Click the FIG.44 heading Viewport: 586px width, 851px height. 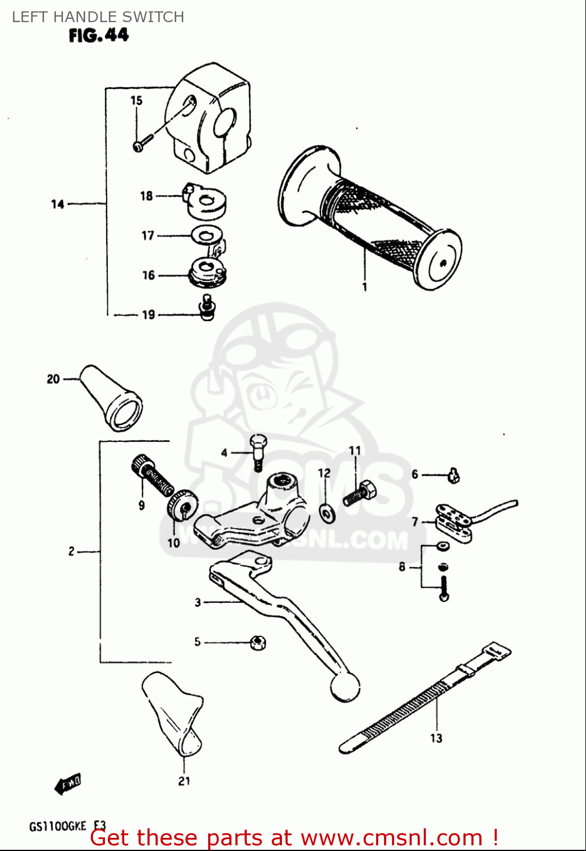[99, 35]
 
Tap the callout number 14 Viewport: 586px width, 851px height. [57, 204]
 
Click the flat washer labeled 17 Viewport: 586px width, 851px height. [206, 234]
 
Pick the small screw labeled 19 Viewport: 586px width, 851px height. [207, 307]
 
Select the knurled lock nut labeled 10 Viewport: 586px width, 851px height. [182, 504]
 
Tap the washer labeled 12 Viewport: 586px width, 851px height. [327, 513]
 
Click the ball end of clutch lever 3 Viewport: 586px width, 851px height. [345, 688]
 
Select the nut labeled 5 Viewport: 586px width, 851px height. [258, 642]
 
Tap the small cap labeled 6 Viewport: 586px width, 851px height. [453, 475]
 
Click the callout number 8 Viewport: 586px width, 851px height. [402, 567]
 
